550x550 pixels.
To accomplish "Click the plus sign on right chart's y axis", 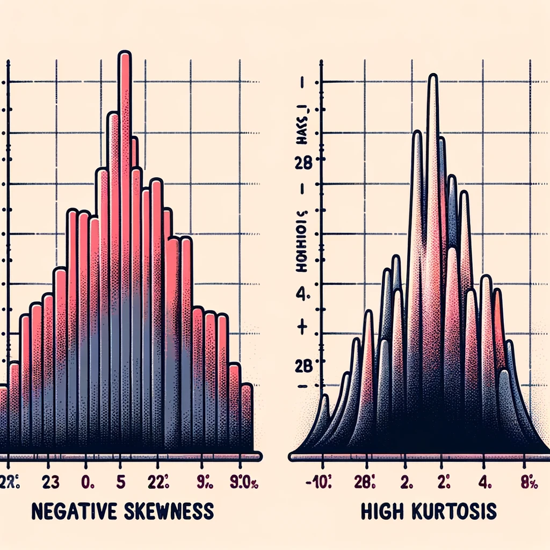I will (x=301, y=327).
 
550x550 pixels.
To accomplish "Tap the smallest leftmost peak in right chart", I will (x=324, y=419).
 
